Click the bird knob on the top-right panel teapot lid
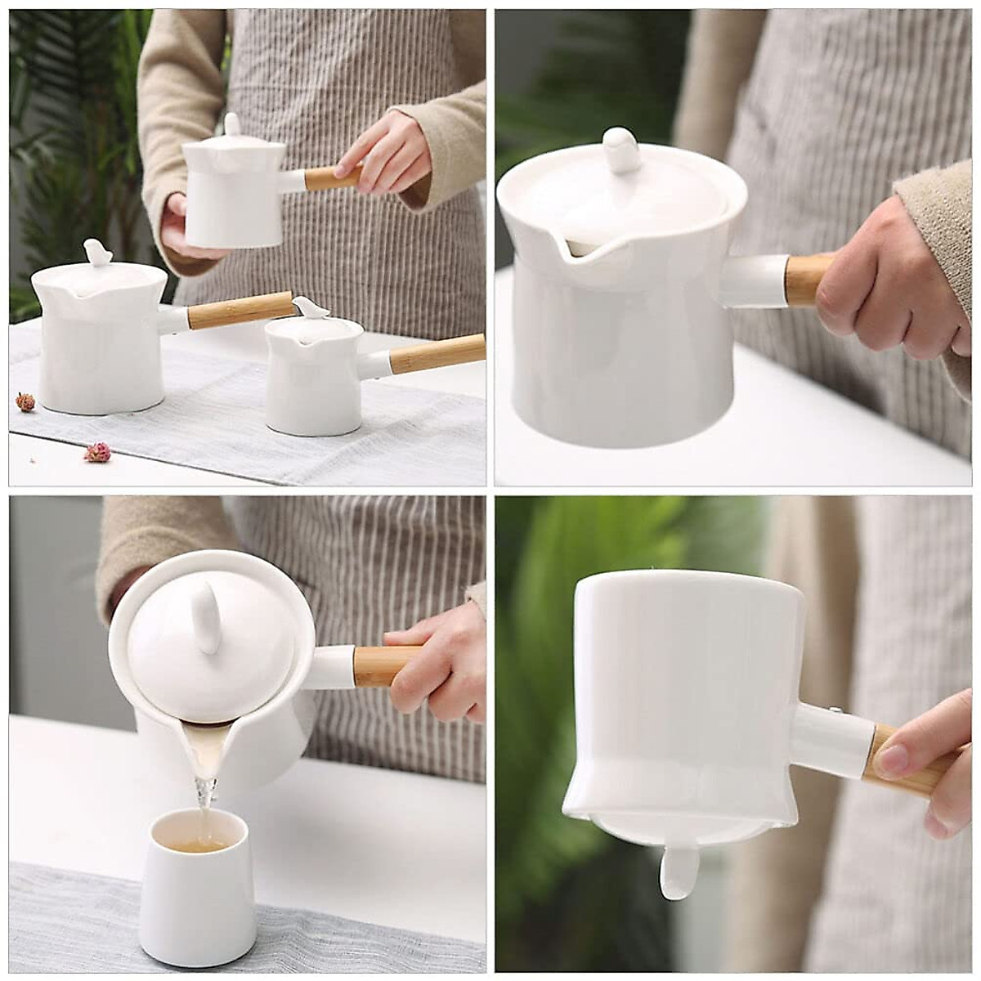[621, 150]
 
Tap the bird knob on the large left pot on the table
[97, 252]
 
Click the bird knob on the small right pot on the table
[311, 307]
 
